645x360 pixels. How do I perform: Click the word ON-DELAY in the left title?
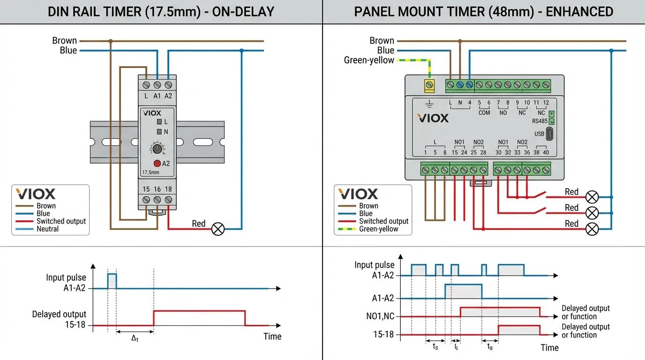click(x=243, y=12)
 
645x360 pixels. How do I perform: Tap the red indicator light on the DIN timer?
click(x=157, y=164)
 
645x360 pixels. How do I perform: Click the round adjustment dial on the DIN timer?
click(x=157, y=149)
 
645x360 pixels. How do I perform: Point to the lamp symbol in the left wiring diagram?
click(x=218, y=229)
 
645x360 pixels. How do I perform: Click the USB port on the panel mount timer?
click(x=550, y=134)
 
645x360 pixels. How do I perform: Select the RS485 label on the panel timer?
click(x=540, y=121)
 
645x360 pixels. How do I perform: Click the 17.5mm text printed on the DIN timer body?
click(x=150, y=172)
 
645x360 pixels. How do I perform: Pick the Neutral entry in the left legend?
click(x=48, y=229)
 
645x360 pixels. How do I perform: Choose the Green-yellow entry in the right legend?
click(x=378, y=229)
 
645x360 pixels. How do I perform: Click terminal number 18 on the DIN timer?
click(x=168, y=189)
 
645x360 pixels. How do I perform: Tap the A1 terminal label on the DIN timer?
click(x=157, y=96)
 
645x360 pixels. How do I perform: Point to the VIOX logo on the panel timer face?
click(x=433, y=118)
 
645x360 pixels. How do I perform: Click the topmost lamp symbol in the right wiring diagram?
click(x=592, y=197)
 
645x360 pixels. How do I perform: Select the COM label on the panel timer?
click(x=484, y=113)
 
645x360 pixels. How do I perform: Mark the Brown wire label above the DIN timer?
click(x=64, y=41)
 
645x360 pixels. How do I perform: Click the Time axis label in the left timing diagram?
click(x=272, y=337)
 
